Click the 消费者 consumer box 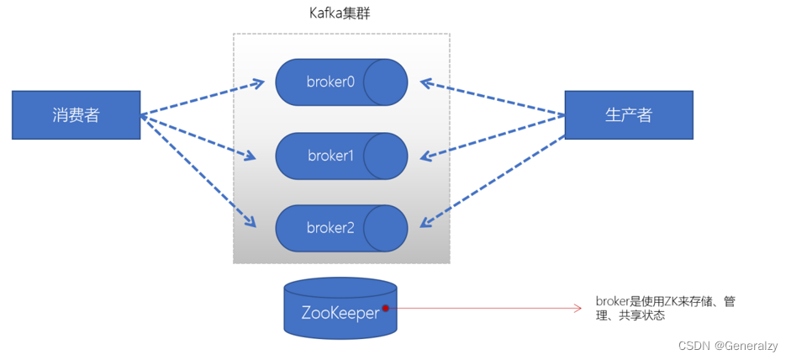(76, 115)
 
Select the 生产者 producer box (629, 115)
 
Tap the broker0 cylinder (341, 82)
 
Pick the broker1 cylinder (341, 156)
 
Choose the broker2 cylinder (341, 228)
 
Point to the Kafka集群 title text (340, 14)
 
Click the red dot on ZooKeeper (386, 308)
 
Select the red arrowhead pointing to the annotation (577, 309)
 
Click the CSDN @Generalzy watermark (728, 346)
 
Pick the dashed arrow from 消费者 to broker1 (199, 136)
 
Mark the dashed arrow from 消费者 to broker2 (198, 171)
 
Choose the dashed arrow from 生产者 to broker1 (493, 135)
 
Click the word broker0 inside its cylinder (330, 82)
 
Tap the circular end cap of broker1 (386, 156)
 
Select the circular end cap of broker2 (386, 228)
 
